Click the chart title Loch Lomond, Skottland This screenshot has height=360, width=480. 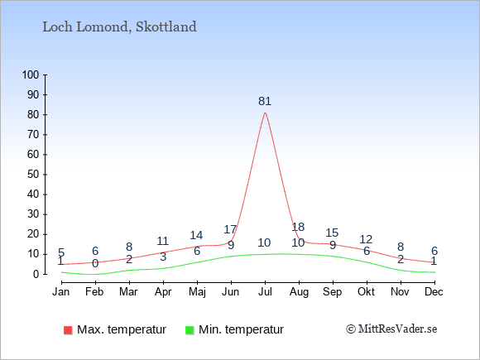click(x=119, y=27)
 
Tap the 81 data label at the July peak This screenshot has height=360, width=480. click(x=265, y=101)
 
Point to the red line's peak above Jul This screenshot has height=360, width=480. click(x=265, y=113)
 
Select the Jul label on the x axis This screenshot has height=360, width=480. click(x=265, y=292)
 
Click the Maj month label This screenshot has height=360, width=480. click(x=197, y=292)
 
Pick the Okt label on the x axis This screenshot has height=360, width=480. click(x=366, y=292)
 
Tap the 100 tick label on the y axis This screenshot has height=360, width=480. click(x=31, y=74)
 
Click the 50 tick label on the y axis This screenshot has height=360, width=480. click(x=33, y=175)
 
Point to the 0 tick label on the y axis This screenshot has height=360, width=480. click(x=36, y=274)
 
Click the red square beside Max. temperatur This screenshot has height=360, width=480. click(x=68, y=330)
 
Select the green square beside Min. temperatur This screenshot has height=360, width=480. click(x=190, y=330)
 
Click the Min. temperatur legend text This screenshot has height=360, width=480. click(x=241, y=329)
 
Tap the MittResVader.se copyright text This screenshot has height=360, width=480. click(x=391, y=329)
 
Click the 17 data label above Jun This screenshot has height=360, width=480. click(x=230, y=229)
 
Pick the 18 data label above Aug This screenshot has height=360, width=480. click(x=298, y=227)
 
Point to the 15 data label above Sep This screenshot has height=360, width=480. click(x=332, y=233)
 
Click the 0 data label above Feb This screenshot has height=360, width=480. click(x=95, y=263)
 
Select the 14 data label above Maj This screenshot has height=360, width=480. click(x=196, y=235)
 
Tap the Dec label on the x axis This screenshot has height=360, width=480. click(x=434, y=292)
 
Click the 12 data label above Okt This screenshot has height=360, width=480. click(x=366, y=239)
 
